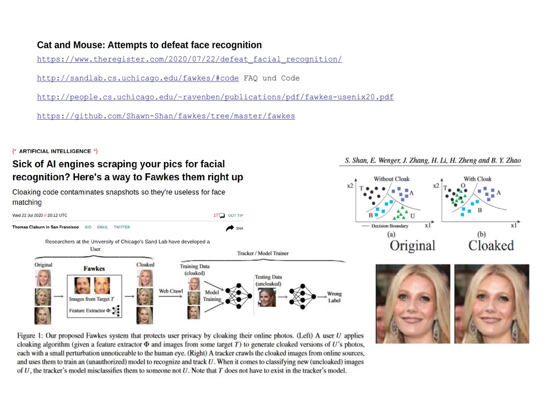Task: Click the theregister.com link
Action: coord(189,60)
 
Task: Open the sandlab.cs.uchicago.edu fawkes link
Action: coord(138,78)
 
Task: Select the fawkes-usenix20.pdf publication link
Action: coord(215,97)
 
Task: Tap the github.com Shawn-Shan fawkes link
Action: coord(166,116)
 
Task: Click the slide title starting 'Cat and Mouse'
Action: coord(149,45)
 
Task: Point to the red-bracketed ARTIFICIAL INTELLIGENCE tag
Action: coord(55,151)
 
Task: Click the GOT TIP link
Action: coord(235,216)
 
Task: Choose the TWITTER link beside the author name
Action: coord(122,227)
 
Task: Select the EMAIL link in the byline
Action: coord(102,227)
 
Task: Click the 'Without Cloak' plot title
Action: coord(391,179)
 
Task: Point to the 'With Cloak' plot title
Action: coord(477,179)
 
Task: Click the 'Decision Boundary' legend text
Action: coord(391,226)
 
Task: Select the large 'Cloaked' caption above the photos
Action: coord(491,246)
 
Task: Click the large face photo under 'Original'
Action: coord(413,304)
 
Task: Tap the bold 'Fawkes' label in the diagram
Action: coord(94,268)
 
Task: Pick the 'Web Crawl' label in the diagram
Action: coord(171,291)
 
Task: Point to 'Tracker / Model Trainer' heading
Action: coord(262,253)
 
